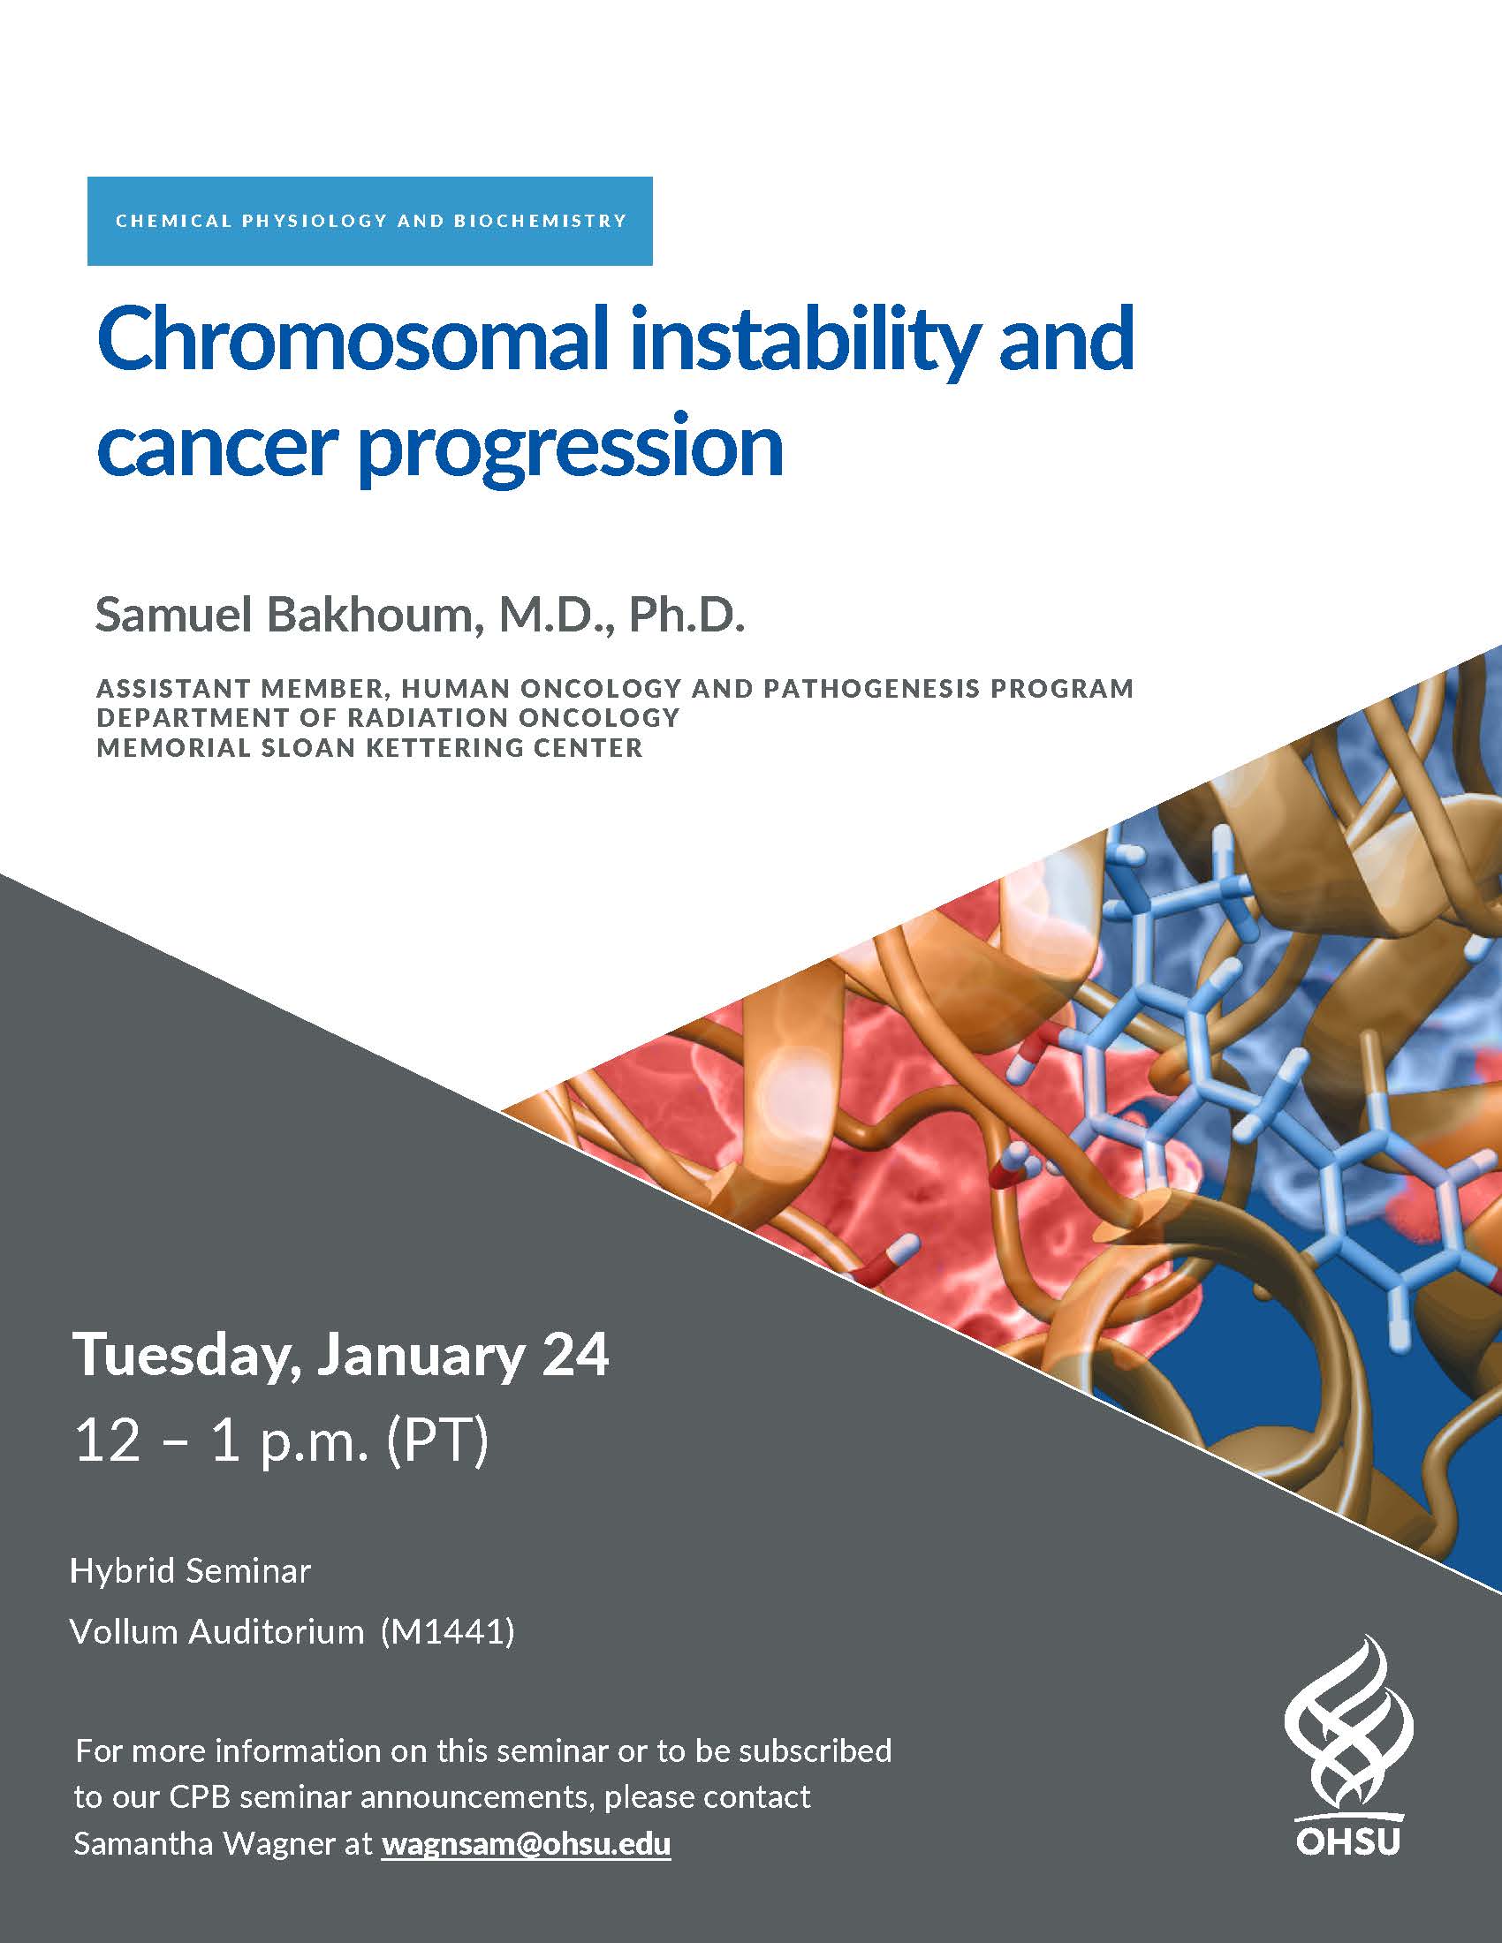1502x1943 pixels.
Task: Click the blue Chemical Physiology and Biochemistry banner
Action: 369,221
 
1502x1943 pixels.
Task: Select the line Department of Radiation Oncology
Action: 388,717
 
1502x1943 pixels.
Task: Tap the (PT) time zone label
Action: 436,1440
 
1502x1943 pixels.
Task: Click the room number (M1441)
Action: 448,1631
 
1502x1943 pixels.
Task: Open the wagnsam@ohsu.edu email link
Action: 526,1844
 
